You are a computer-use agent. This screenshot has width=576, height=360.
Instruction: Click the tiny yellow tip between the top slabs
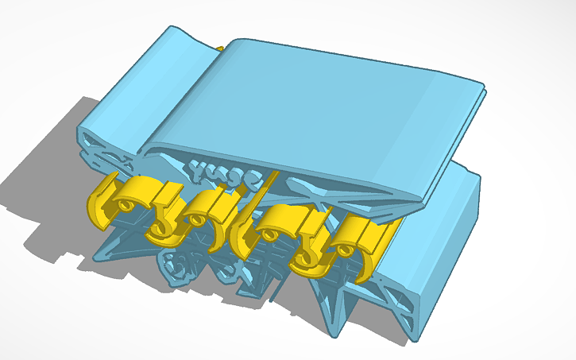coord(220,48)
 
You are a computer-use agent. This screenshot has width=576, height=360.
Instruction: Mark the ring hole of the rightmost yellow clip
coord(342,250)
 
